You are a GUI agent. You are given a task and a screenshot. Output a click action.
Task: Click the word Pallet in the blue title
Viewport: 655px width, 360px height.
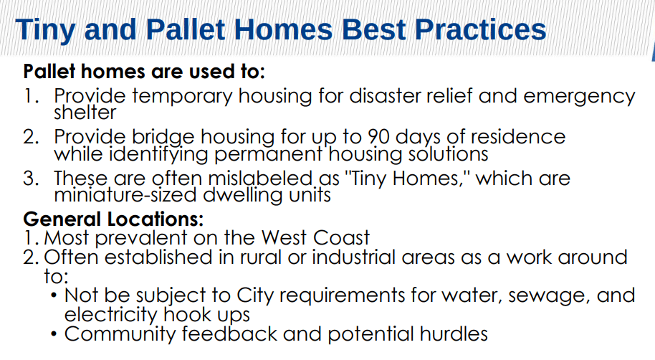[x=186, y=29]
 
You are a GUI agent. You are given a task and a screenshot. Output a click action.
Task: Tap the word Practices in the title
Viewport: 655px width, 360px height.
[x=480, y=29]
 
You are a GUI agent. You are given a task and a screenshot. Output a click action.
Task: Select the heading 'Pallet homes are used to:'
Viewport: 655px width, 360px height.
[x=144, y=72]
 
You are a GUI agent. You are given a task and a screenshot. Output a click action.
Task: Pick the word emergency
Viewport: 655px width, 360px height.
[x=579, y=98]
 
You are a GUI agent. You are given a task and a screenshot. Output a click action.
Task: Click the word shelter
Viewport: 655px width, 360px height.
[x=85, y=112]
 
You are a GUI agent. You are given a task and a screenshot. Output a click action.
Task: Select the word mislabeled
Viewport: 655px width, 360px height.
[x=261, y=178]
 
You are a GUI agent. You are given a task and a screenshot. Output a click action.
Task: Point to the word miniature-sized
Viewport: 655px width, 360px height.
[x=125, y=195]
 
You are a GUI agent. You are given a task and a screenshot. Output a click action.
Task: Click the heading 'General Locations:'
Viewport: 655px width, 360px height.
[x=113, y=219]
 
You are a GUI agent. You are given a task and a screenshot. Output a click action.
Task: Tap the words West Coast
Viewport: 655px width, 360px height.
[x=315, y=238]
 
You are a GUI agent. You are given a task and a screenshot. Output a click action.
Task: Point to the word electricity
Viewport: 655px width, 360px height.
[x=110, y=315]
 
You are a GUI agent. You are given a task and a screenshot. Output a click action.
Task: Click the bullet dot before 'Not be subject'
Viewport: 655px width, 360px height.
[x=54, y=295]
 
